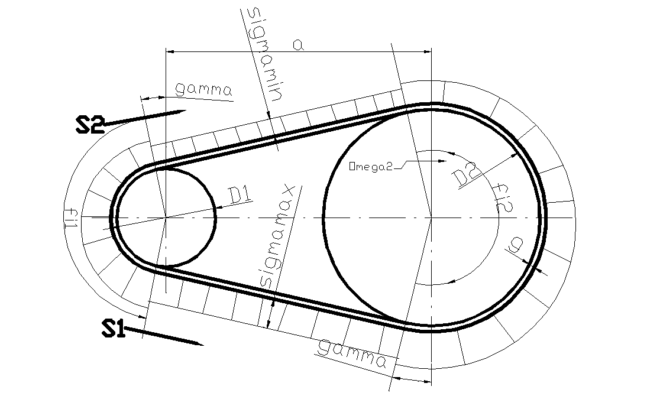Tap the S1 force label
pyautogui.click(x=113, y=329)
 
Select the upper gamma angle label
pyautogui.click(x=203, y=90)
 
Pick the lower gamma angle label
pyautogui.click(x=352, y=353)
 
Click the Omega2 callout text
pyautogui.click(x=370, y=166)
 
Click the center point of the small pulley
pyautogui.click(x=166, y=218)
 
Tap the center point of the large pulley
pyautogui.click(x=431, y=218)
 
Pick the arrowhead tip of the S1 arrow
pyautogui.click(x=203, y=344)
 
